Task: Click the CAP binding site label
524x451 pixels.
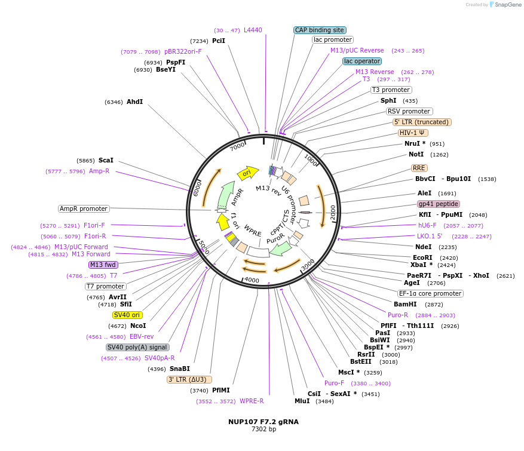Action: point(320,30)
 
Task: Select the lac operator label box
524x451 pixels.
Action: point(362,61)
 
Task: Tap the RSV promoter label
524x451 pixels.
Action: point(409,111)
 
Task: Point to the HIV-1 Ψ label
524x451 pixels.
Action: point(413,133)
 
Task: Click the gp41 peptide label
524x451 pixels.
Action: point(438,204)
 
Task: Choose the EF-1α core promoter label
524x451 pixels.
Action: point(431,293)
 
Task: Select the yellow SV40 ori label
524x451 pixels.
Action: point(127,315)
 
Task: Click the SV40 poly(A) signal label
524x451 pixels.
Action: point(137,347)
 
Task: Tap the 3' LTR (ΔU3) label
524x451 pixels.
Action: point(189,379)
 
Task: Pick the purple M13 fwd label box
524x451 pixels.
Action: point(103,265)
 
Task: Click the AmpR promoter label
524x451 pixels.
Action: point(84,208)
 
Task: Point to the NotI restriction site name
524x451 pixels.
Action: point(416,154)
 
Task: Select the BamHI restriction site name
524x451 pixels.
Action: point(405,304)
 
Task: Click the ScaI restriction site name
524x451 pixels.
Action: point(106,160)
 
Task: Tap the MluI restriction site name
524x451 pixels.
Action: point(302,401)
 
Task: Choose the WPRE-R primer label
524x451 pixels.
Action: point(252,401)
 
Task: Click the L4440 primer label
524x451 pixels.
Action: point(253,30)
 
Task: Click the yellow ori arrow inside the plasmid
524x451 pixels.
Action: point(247,173)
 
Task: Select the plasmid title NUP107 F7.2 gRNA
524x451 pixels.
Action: point(263,421)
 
